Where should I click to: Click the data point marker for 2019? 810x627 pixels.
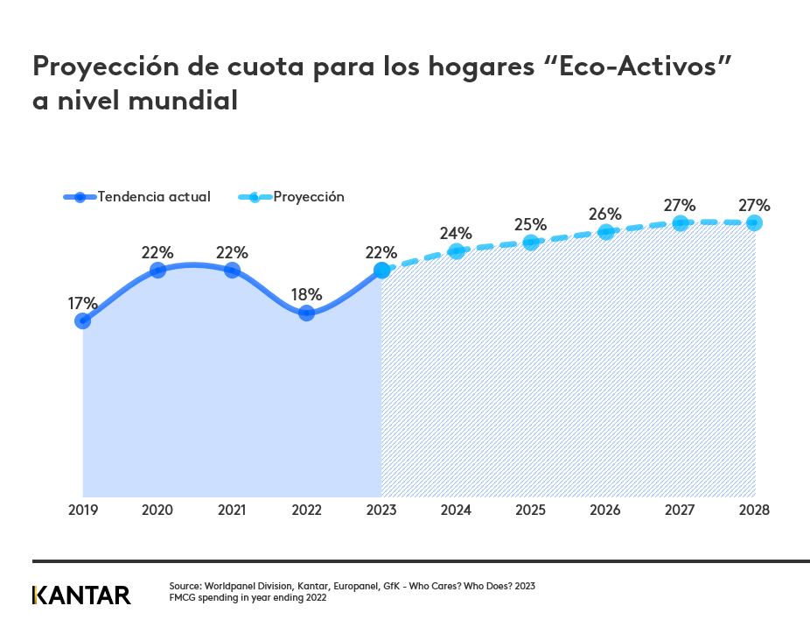(83, 321)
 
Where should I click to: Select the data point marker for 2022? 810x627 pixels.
(306, 313)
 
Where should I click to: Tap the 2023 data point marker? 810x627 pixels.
(381, 271)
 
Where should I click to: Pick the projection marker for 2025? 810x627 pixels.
(530, 242)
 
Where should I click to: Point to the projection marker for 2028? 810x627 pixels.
(754, 223)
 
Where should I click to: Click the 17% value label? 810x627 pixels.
(83, 303)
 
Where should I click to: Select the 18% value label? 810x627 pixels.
(306, 294)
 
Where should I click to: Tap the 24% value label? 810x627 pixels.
(456, 233)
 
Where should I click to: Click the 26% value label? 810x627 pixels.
(605, 214)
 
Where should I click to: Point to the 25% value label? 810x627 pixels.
(530, 223)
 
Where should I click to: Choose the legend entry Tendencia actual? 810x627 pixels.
(153, 197)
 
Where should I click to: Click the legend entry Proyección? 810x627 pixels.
(308, 197)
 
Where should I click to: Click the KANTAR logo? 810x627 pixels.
(81, 595)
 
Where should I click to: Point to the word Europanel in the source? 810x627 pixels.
(356, 586)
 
